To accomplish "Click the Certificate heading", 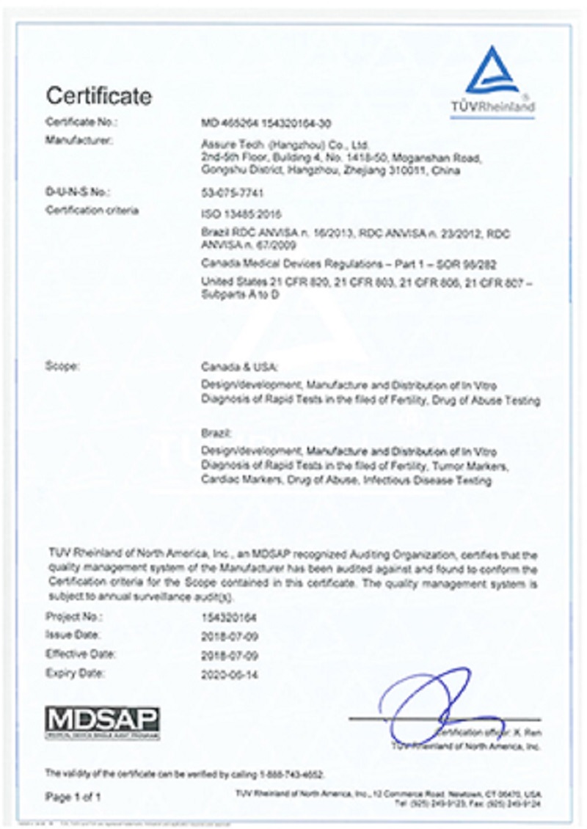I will click(x=99, y=95).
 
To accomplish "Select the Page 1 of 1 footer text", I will click(x=73, y=796).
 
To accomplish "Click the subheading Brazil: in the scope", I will click(x=212, y=435).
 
